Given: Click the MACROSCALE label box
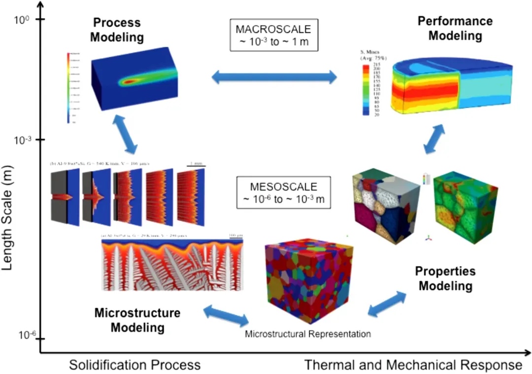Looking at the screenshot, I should [274, 34].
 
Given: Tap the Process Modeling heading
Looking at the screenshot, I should [117, 30].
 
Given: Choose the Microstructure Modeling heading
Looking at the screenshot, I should [137, 320].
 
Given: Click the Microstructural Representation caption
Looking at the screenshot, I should [307, 334].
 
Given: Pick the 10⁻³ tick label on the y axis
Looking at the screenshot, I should [23, 140].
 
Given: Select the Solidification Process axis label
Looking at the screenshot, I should [134, 365].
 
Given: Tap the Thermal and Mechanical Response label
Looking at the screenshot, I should [413, 365].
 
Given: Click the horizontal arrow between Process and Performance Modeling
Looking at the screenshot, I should [274, 77].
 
